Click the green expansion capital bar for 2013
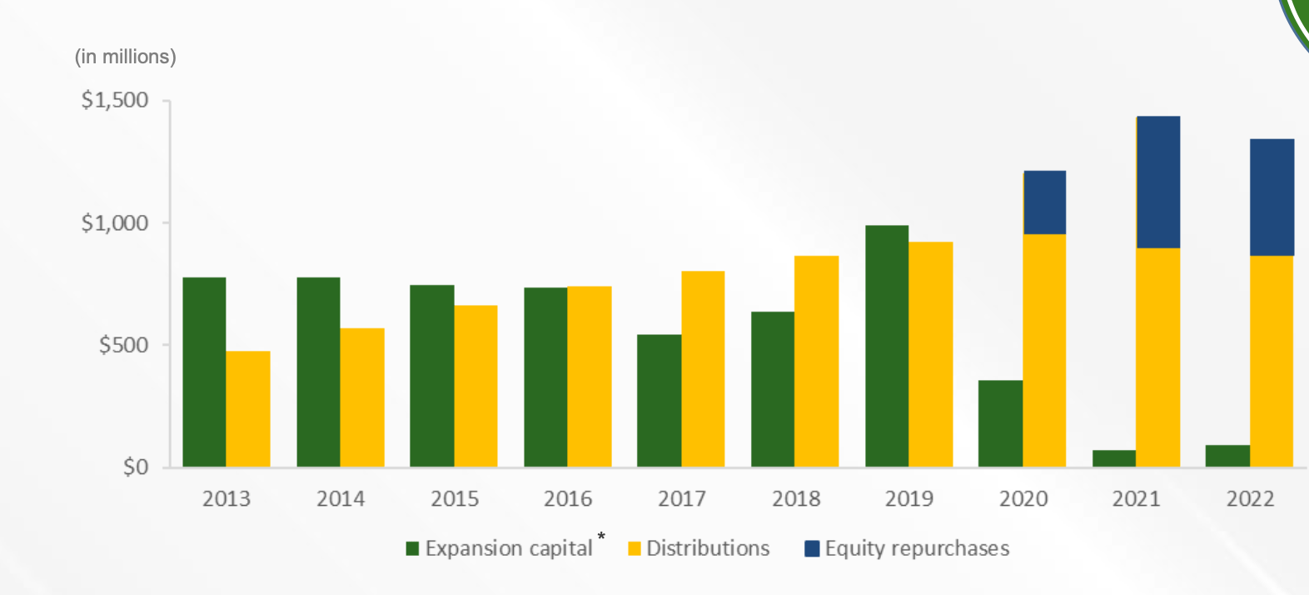point(204,372)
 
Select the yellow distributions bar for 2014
point(362,397)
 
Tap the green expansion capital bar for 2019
point(887,346)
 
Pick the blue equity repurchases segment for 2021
point(1158,182)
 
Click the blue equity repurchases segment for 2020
point(1044,202)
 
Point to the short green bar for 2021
point(1114,458)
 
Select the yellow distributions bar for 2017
point(703,368)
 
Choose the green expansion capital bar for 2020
point(1000,423)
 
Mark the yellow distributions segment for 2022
point(1272,361)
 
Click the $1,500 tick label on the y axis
point(115,100)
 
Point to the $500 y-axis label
point(123,345)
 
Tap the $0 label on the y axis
point(136,467)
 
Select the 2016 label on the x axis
point(568,498)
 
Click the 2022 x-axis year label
point(1250,498)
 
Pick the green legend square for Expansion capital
point(412,548)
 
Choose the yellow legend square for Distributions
point(635,548)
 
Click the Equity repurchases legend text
point(917,548)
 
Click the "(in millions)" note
point(126,57)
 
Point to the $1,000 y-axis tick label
point(115,222)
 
